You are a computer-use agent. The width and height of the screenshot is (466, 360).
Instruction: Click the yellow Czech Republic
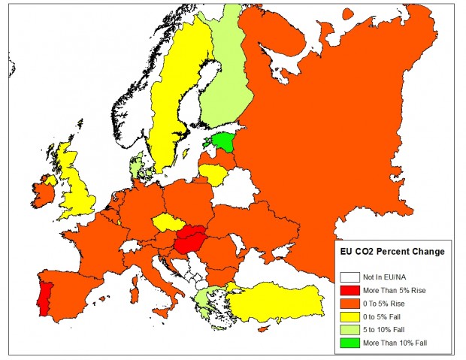[167, 222]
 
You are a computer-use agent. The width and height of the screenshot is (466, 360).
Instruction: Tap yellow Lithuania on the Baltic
[213, 174]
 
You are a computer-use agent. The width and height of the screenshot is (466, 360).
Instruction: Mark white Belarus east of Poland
[236, 188]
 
